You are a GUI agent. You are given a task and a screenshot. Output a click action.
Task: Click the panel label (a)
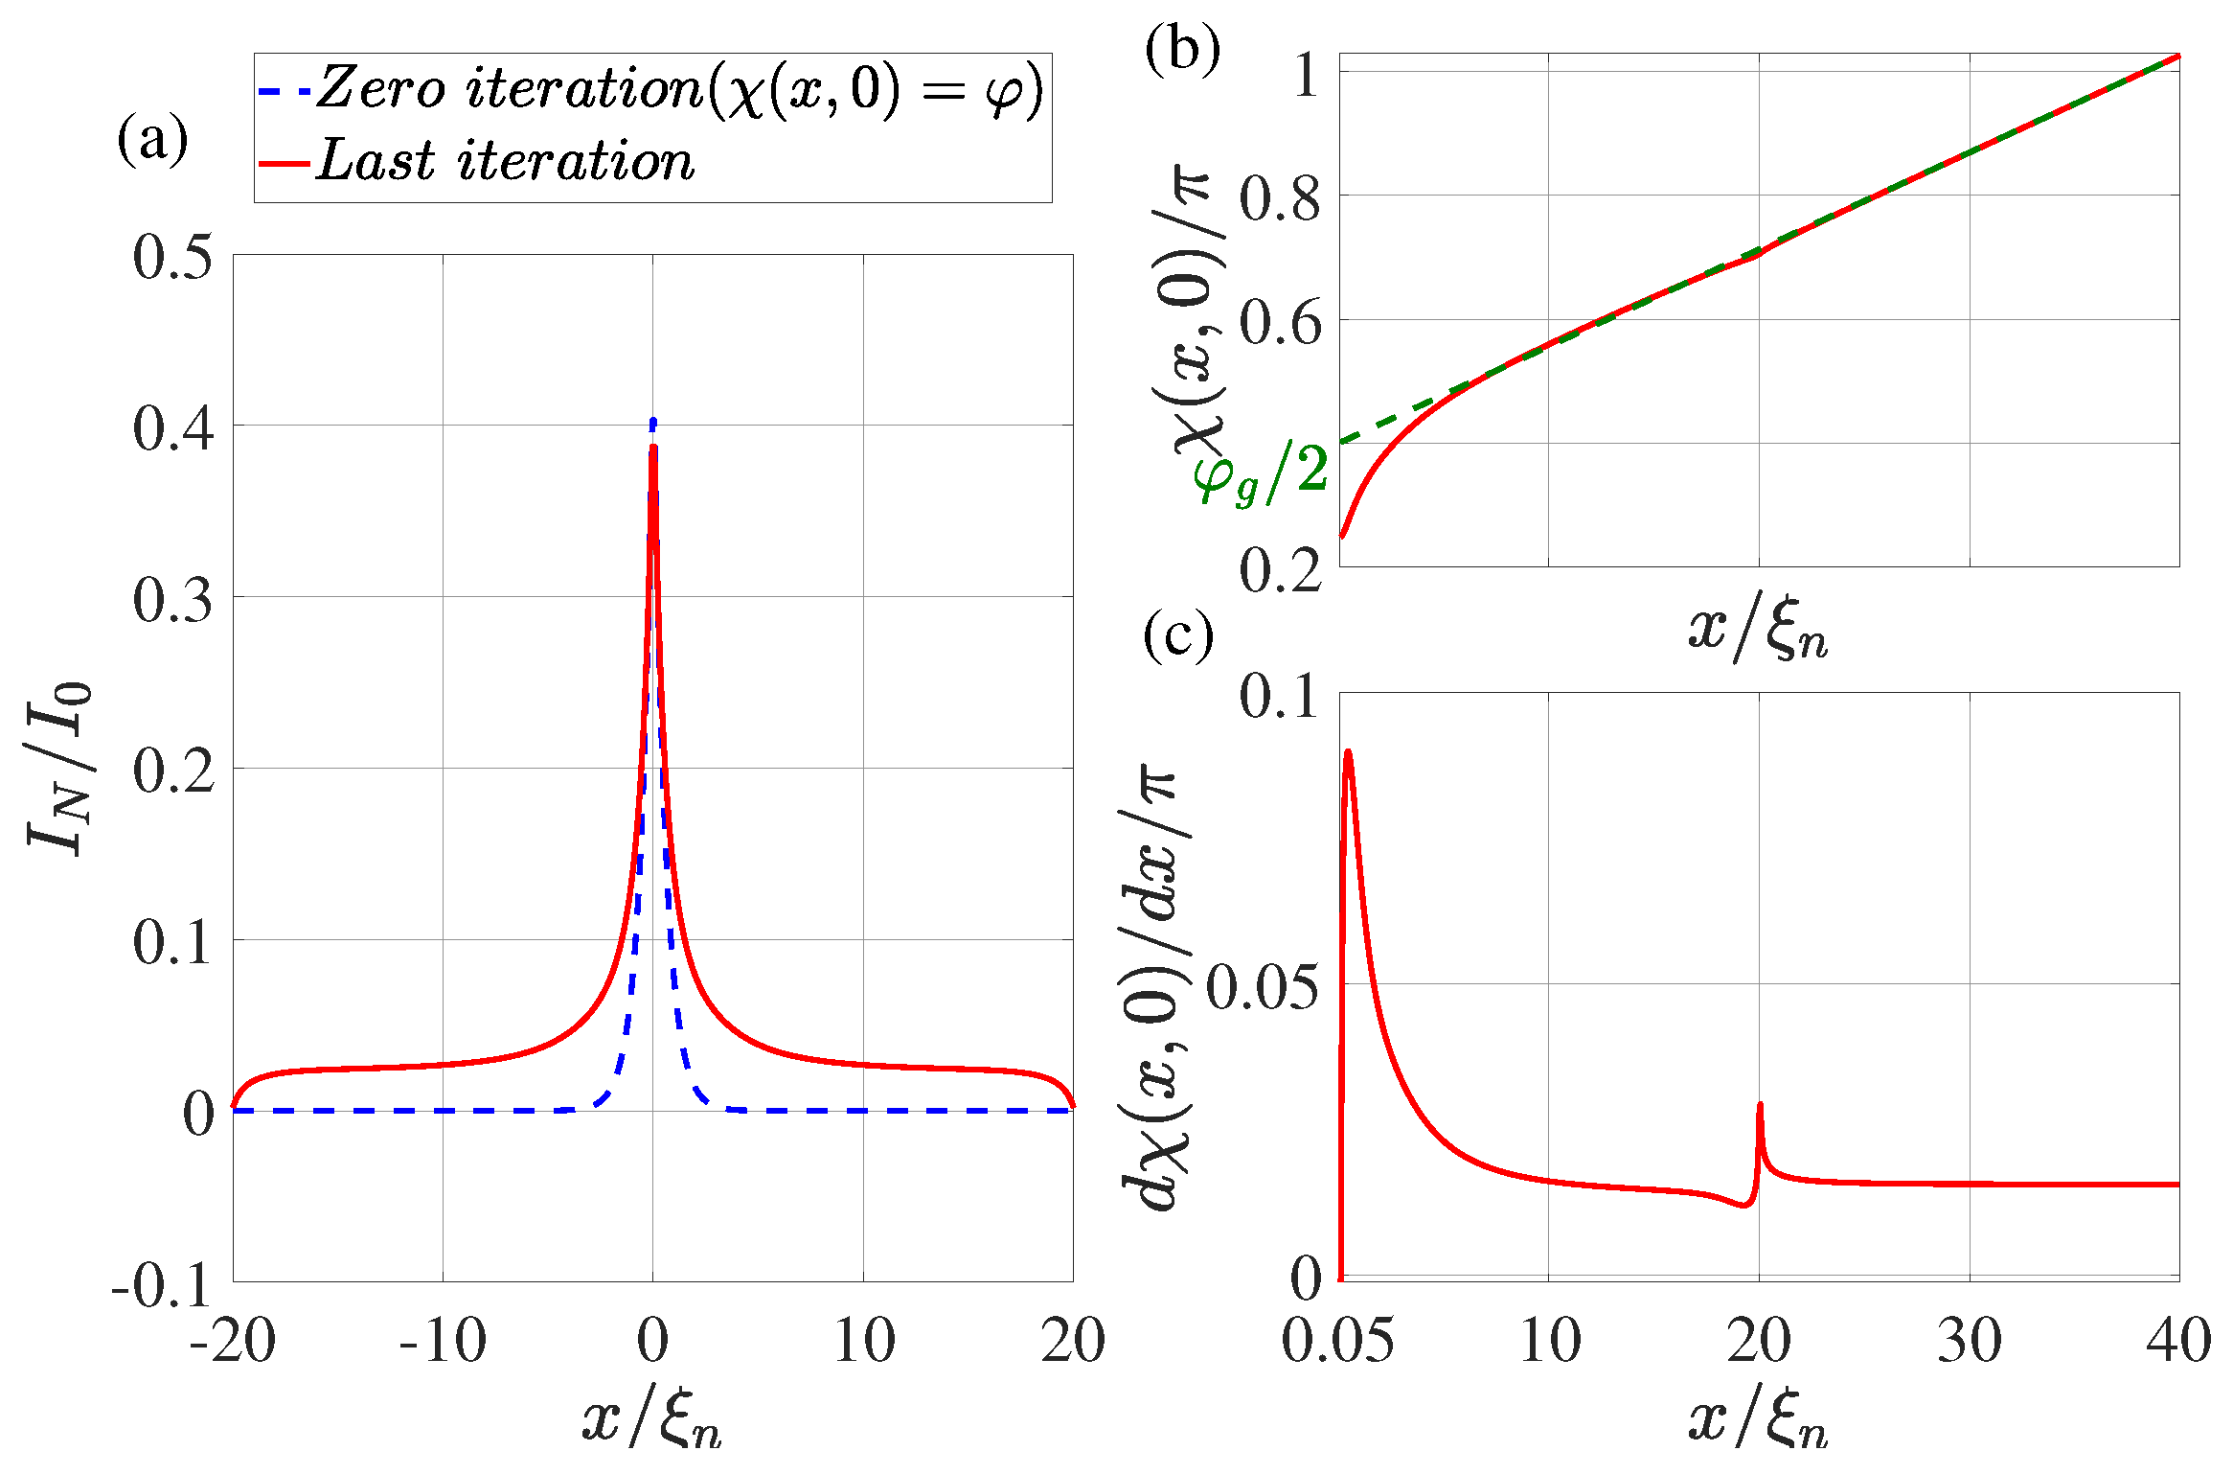(x=152, y=141)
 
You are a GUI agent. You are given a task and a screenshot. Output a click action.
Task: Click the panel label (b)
(x=1182, y=50)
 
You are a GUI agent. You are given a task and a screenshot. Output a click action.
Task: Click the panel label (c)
(x=1178, y=635)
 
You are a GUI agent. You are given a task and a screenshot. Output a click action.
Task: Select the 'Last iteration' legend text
(x=505, y=161)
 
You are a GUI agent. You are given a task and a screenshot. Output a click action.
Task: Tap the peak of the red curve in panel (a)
(x=652, y=448)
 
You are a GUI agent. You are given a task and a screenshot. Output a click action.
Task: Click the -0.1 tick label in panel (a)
(x=161, y=1284)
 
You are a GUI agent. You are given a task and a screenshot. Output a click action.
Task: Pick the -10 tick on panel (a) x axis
(x=443, y=1340)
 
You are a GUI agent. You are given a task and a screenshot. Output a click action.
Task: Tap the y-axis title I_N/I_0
(x=59, y=767)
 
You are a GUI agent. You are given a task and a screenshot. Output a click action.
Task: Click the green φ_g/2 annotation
(x=1259, y=473)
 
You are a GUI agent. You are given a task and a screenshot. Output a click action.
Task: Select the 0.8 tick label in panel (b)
(x=1280, y=198)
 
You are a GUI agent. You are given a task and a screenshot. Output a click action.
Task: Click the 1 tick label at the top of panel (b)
(x=1306, y=75)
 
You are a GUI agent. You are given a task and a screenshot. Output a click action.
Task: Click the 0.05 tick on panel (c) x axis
(x=1337, y=1340)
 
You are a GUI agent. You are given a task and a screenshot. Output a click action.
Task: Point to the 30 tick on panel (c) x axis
(x=1970, y=1340)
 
